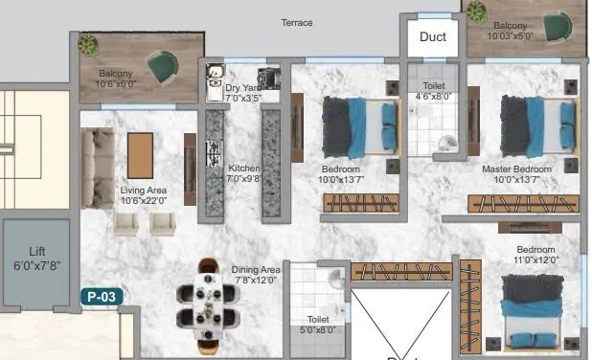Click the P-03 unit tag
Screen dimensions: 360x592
pyautogui.click(x=101, y=297)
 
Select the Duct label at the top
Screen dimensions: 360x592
pyautogui.click(x=433, y=37)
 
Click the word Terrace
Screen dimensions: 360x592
pyautogui.click(x=297, y=22)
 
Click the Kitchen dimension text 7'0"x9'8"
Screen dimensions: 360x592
pyautogui.click(x=243, y=179)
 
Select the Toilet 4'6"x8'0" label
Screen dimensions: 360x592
pyautogui.click(x=432, y=91)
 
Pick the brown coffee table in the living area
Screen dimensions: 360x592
pyautogui.click(x=140, y=155)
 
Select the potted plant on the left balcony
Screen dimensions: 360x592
pyautogui.click(x=89, y=45)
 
